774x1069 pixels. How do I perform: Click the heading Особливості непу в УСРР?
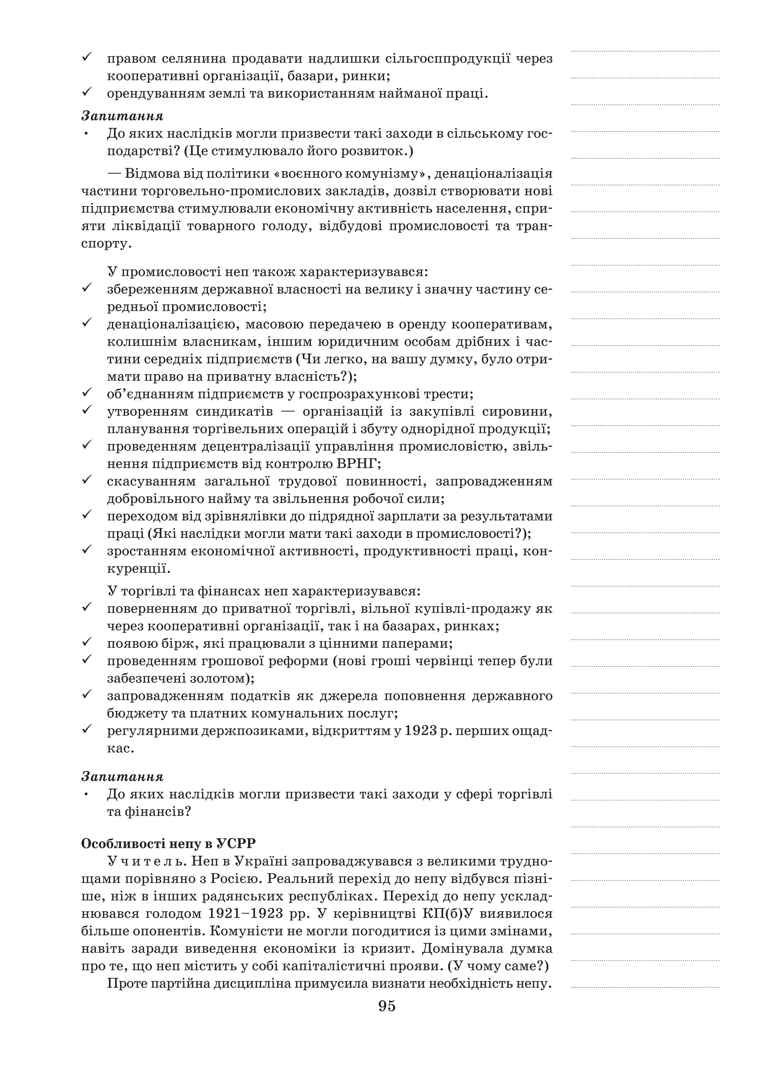pyautogui.click(x=168, y=843)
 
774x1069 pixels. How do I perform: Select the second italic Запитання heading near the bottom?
pyautogui.click(x=122, y=776)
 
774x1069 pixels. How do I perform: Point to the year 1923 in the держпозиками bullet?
pyautogui.click(x=421, y=731)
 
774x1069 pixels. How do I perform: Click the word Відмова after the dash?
pyautogui.click(x=154, y=174)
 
